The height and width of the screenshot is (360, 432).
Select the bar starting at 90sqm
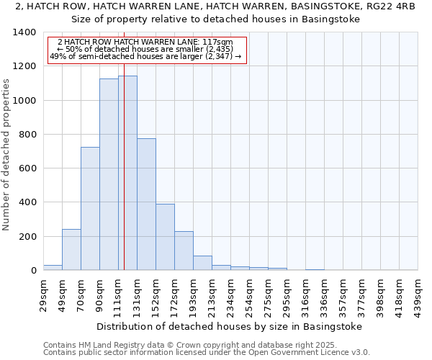point(109,174)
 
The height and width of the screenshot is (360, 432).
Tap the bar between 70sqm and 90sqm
point(90,209)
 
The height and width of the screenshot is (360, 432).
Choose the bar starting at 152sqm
point(165,237)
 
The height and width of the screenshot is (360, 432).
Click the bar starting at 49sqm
point(71,250)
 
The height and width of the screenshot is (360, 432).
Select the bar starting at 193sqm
point(202,263)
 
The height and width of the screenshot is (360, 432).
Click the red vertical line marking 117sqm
point(124,216)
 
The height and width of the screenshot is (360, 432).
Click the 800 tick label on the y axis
point(27,135)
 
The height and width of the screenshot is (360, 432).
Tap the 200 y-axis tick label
point(27,237)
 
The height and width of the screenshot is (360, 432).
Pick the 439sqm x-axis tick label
point(418,293)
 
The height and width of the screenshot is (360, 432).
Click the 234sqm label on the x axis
point(230,293)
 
